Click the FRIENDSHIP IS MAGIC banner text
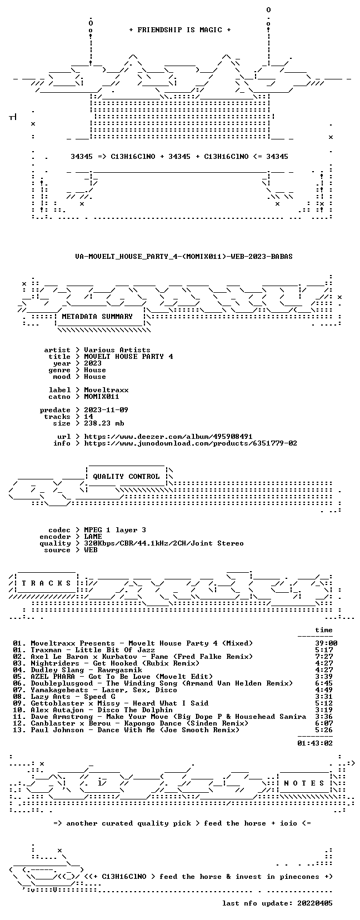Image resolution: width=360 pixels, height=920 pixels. [180, 30]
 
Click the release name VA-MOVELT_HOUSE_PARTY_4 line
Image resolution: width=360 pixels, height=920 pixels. [184, 256]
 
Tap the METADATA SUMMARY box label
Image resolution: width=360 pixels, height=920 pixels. [97, 317]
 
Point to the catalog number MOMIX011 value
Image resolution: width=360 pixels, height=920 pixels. [102, 397]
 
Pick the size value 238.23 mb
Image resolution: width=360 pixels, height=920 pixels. [104, 423]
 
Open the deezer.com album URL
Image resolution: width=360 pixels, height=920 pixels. [168, 437]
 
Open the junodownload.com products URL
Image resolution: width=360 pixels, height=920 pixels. [191, 443]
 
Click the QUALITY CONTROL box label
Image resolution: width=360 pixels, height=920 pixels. [127, 477]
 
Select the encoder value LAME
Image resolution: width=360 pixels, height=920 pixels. [93, 537]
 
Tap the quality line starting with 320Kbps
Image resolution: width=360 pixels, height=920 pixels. [164, 543]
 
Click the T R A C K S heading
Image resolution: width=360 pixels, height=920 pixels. [46, 583]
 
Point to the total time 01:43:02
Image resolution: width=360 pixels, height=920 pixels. [315, 743]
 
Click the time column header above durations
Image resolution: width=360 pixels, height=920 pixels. [324, 630]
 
